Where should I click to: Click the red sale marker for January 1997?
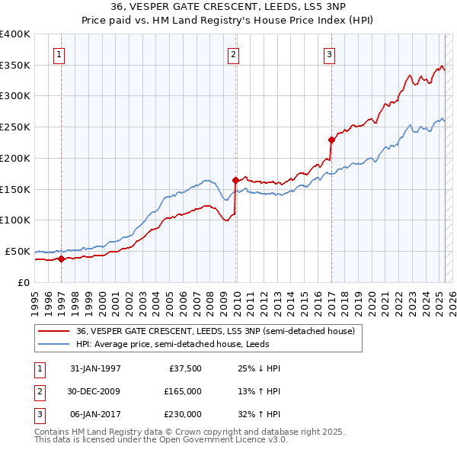click(62, 259)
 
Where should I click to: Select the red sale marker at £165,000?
click(235, 180)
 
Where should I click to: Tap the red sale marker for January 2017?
click(331, 140)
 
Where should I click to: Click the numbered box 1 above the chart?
click(59, 54)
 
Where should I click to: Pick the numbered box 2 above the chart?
click(233, 54)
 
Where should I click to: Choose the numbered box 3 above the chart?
click(329, 54)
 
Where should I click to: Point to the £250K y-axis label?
click(15, 127)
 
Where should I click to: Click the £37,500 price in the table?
click(183, 368)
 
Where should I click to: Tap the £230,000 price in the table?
click(183, 414)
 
